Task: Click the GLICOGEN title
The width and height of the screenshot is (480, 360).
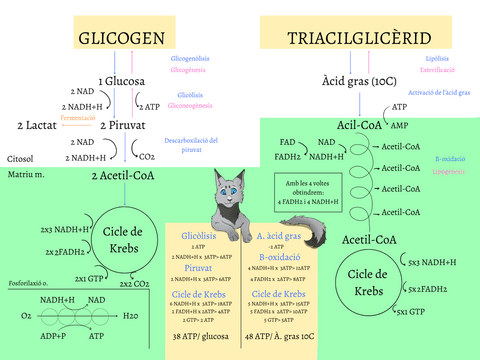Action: [121, 39]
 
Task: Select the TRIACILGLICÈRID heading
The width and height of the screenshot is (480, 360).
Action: [360, 39]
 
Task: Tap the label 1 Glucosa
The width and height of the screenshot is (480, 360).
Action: [121, 80]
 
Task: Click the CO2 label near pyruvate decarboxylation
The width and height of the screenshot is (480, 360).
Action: [146, 156]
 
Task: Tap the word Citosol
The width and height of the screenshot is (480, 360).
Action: [20, 158]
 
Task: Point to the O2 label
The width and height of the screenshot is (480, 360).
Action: [26, 315]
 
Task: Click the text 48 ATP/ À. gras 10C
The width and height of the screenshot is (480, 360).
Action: [279, 337]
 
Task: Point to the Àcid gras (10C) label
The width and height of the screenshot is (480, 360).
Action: [359, 80]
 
